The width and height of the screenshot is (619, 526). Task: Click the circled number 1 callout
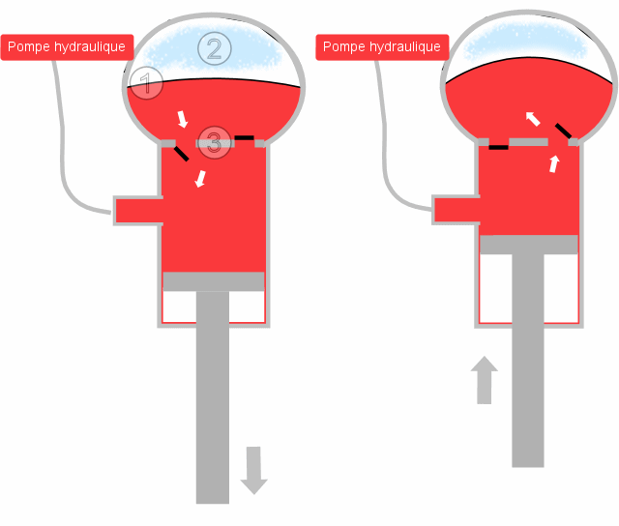pyautogui.click(x=146, y=83)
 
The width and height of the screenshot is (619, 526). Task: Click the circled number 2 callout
pyautogui.click(x=215, y=49)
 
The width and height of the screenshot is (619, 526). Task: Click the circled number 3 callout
pyautogui.click(x=214, y=142)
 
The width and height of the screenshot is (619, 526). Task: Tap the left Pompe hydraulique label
pyautogui.click(x=67, y=47)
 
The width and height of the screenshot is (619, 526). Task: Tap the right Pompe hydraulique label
pyautogui.click(x=382, y=47)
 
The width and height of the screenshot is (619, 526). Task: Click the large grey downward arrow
pyautogui.click(x=253, y=470)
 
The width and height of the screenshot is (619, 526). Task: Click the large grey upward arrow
pyautogui.click(x=484, y=380)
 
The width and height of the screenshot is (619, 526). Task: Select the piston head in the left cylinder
pyautogui.click(x=214, y=281)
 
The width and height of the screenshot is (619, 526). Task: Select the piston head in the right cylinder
pyautogui.click(x=529, y=245)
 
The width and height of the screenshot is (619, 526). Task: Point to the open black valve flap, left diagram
pyautogui.click(x=181, y=153)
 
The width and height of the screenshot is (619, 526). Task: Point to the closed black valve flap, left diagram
pyautogui.click(x=245, y=137)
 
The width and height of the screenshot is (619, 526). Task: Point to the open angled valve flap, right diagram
pyautogui.click(x=563, y=131)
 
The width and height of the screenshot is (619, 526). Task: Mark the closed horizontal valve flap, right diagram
pyautogui.click(x=499, y=147)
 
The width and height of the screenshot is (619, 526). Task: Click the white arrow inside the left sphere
pyautogui.click(x=182, y=119)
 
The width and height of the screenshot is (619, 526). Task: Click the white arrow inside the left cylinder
pyautogui.click(x=200, y=179)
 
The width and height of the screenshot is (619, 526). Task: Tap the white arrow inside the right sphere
pyautogui.click(x=533, y=118)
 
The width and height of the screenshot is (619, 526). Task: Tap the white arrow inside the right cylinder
pyautogui.click(x=554, y=163)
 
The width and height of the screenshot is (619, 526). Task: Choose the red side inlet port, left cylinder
pyautogui.click(x=139, y=211)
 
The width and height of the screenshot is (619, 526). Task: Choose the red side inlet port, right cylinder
pyautogui.click(x=457, y=211)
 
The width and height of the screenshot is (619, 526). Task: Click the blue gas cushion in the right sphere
pyautogui.click(x=525, y=42)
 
